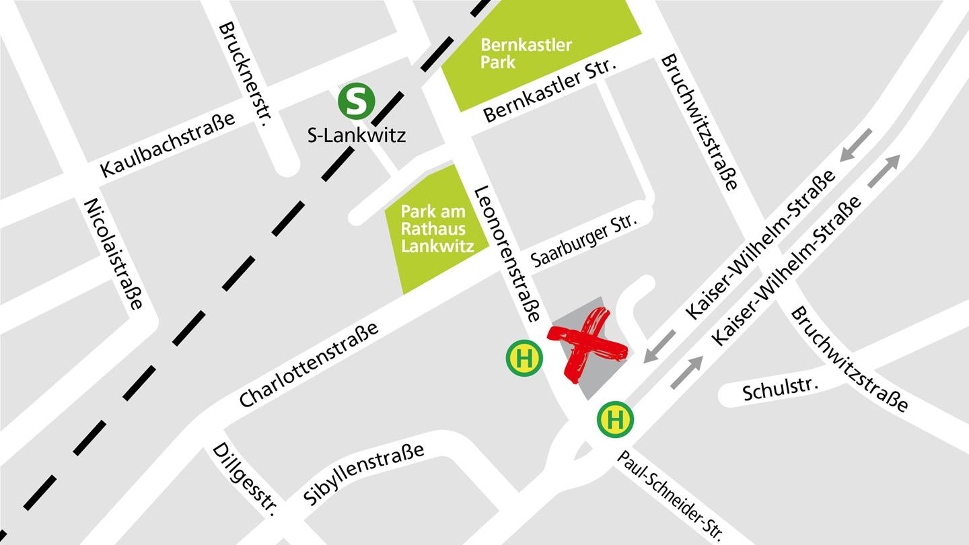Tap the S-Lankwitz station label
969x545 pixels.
tap(356, 136)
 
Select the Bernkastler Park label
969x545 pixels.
tap(526, 54)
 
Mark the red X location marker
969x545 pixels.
tap(587, 344)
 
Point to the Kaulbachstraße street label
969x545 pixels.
tap(168, 145)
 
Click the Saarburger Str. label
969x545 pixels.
tap(582, 240)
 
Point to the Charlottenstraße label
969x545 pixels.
tap(309, 365)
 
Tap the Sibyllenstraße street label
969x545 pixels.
tap(364, 474)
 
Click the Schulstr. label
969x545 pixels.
tap(781, 388)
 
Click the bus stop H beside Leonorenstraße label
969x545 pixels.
tap(524, 358)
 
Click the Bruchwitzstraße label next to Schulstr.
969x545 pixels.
tap(849, 359)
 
